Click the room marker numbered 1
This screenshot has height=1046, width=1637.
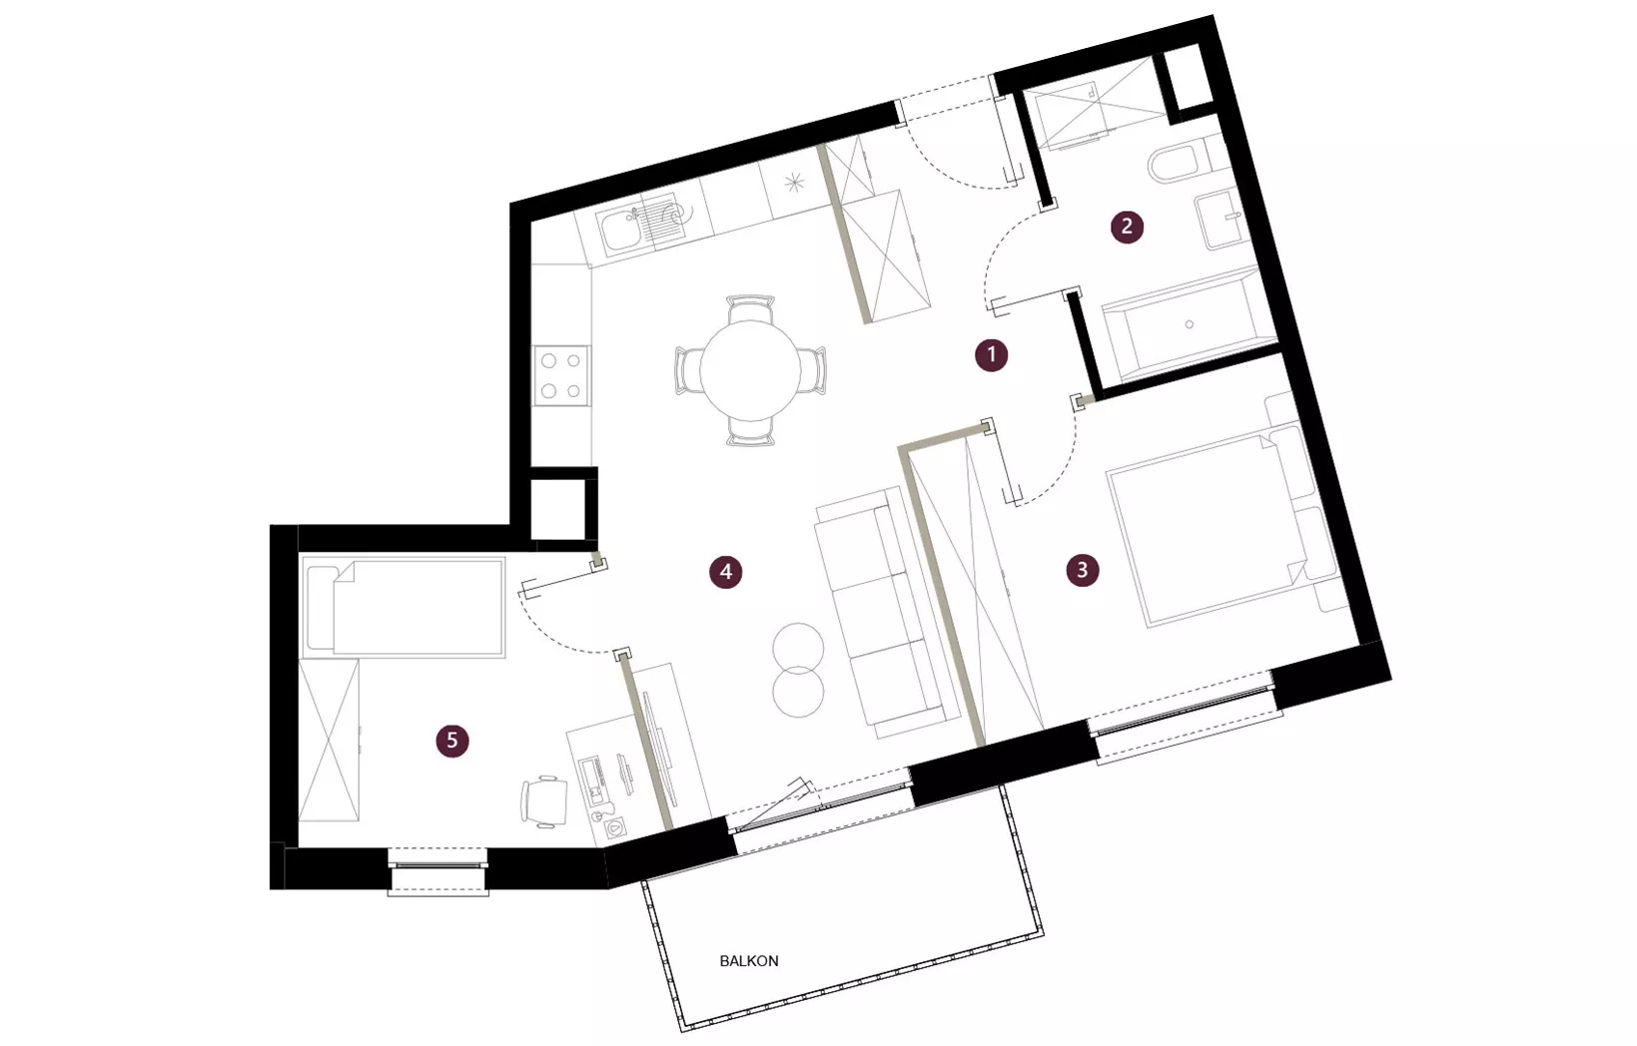(991, 355)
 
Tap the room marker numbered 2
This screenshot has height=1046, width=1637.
(1127, 227)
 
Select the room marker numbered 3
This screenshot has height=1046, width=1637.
(1083, 570)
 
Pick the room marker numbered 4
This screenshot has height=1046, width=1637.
(726, 572)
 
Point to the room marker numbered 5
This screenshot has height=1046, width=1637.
(452, 740)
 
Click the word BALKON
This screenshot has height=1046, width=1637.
(749, 961)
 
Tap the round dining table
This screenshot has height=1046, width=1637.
(750, 369)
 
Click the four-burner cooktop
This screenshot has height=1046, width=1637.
(560, 375)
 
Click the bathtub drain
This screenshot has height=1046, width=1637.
(1189, 324)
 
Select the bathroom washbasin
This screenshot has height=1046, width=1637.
(1222, 219)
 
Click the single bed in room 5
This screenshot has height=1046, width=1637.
(404, 608)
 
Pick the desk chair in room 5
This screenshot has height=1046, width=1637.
(544, 802)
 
